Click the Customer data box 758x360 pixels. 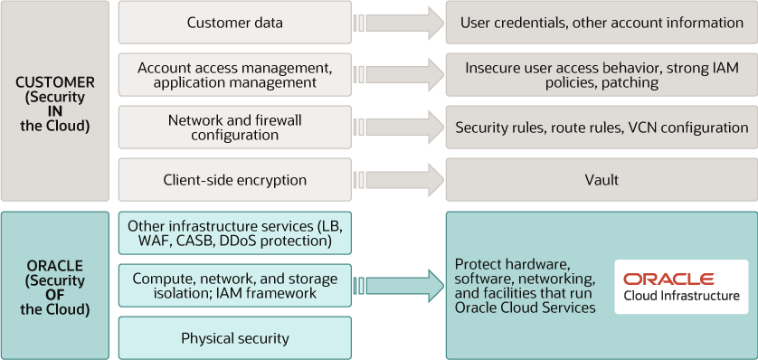coord(234,23)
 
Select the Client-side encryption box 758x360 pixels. coord(234,180)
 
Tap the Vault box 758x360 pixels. coord(601,180)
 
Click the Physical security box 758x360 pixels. coord(234,338)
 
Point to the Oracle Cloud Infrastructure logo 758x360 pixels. coord(681,287)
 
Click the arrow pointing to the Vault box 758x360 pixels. coord(398,180)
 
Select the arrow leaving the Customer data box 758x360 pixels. coord(398,23)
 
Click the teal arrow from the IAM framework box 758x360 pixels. coord(398,286)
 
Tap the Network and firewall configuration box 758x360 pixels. coord(234,128)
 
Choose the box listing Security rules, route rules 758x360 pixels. coord(601,128)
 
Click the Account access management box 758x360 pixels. coord(234,75)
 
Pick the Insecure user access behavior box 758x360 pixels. coord(601,75)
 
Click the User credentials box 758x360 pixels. coord(601,23)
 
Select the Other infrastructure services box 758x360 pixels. coord(234,233)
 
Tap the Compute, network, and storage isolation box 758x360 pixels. coord(234,286)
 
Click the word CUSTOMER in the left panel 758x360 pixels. coord(55,82)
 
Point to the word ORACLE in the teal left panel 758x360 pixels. coord(55,266)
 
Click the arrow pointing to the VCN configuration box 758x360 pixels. coord(398,128)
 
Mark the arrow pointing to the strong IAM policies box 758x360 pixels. coord(398,75)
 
